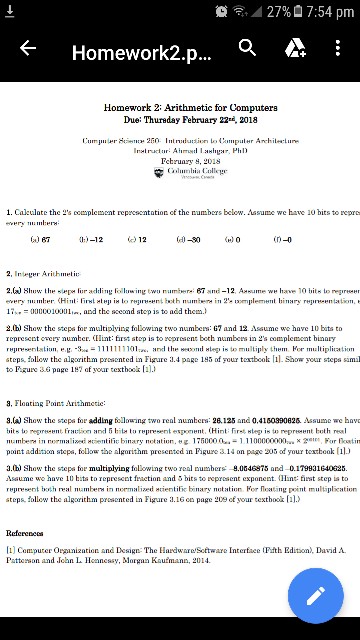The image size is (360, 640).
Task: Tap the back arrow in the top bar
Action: click(28, 48)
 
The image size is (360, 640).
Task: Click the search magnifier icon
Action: click(247, 48)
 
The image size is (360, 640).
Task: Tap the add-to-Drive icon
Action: click(295, 48)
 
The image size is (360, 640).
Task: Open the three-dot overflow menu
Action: click(338, 48)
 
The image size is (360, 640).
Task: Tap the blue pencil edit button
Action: click(315, 596)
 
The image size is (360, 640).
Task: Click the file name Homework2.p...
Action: click(141, 51)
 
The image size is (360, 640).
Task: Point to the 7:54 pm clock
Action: click(330, 12)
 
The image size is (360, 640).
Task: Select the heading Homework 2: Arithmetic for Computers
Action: click(190, 107)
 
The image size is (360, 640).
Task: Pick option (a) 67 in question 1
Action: click(40, 240)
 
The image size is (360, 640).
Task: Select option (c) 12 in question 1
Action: click(137, 240)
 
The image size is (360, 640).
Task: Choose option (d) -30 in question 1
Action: click(188, 240)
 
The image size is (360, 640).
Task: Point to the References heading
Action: click(25, 534)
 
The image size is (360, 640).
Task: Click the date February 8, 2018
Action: click(190, 161)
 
